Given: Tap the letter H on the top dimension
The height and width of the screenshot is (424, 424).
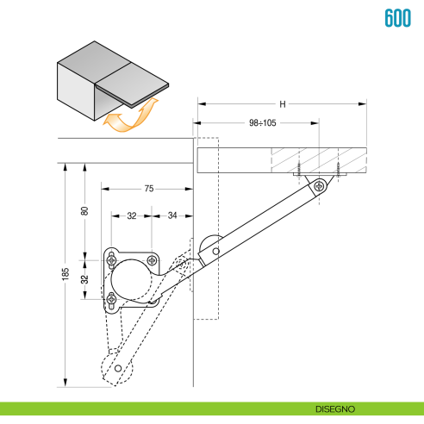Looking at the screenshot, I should [282, 104].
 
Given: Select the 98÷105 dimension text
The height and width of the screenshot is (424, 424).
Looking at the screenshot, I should [262, 123].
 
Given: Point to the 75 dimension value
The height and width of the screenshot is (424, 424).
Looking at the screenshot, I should [148, 188].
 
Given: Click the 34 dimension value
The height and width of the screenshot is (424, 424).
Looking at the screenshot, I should [172, 215].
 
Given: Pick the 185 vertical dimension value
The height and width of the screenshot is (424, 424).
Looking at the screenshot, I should [65, 275].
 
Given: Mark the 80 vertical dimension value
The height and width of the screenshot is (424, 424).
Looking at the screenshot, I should [84, 211].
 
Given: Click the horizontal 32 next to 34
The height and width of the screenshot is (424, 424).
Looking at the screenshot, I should [131, 215].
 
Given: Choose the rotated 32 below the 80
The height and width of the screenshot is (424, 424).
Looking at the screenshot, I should [84, 279].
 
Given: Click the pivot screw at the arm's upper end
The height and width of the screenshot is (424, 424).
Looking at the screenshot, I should [320, 185].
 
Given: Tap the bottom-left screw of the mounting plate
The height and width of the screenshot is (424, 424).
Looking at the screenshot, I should [111, 300].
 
